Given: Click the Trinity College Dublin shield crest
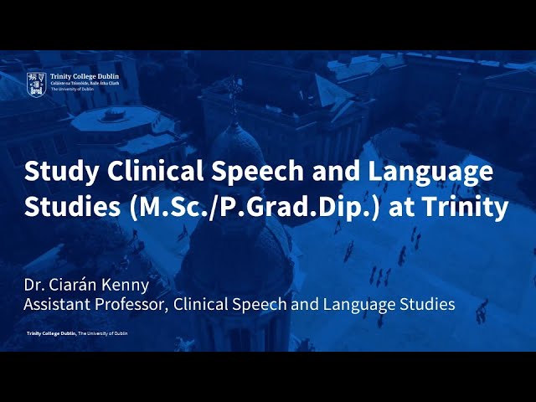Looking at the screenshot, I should [36, 81].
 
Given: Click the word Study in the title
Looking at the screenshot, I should [55, 173].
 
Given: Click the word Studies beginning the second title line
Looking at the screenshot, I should [71, 206].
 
